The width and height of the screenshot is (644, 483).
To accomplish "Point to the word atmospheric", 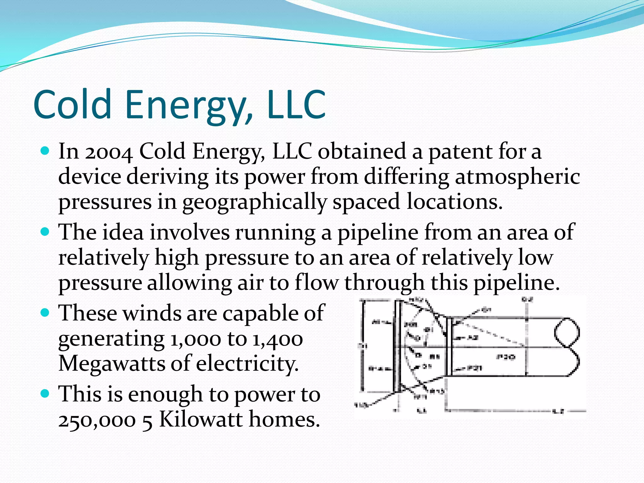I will coord(517,177).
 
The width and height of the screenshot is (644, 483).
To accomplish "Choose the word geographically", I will coord(255,203).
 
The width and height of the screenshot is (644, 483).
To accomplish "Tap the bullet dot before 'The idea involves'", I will coord(45,232).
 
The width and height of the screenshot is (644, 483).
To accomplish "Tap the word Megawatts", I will coord(112,364).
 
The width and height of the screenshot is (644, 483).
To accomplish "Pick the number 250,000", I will coord(97,420).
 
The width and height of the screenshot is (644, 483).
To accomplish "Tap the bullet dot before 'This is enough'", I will coord(45,394).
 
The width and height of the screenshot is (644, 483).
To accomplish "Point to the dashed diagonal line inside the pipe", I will coord(491,333).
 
